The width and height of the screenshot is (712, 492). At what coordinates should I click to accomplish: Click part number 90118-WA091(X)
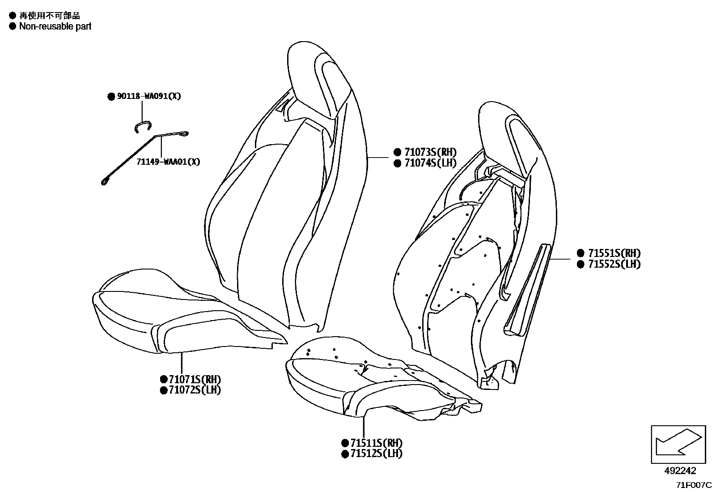tap(149, 96)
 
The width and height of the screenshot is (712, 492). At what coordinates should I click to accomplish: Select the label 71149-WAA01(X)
tap(168, 162)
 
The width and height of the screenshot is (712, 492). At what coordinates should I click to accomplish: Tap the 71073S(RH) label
tap(430, 152)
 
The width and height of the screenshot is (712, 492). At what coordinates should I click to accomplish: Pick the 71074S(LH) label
tap(430, 163)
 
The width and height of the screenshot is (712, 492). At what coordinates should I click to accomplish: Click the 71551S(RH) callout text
tap(614, 253)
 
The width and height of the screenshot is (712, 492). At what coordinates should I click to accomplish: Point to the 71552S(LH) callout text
tap(614, 264)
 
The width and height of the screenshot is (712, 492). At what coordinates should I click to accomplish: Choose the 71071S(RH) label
tap(195, 379)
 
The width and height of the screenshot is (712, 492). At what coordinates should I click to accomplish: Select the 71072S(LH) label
tap(195, 390)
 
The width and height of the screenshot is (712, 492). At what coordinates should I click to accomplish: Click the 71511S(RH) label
tap(376, 443)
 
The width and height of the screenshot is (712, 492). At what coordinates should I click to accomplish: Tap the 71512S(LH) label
tap(376, 453)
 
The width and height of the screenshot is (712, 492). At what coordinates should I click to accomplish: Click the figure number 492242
tap(680, 471)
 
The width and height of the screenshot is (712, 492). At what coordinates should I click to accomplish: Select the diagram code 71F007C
tap(694, 485)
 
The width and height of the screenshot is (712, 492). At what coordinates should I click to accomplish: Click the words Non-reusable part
tap(55, 26)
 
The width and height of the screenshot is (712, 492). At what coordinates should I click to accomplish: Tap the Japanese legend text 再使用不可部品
tap(50, 15)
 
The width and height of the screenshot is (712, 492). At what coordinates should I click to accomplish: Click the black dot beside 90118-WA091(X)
tap(111, 97)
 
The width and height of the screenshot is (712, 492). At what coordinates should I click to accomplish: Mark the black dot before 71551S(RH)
tap(581, 253)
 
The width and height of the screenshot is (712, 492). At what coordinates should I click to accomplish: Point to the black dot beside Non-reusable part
tap(13, 26)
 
